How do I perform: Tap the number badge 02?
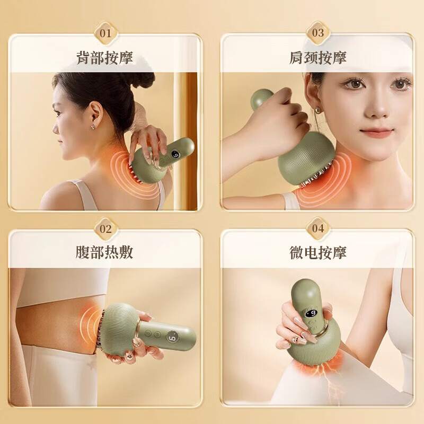coord(106,228)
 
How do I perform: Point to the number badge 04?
coord(318,228)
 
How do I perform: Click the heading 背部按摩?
coord(105,57)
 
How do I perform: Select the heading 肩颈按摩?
coord(317,57)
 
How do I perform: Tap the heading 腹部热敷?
coord(105,252)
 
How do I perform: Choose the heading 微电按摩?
coord(317,252)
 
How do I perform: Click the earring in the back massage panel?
coord(93,127)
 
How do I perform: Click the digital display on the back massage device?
coord(176,156)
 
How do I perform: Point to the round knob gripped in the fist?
coord(261,99)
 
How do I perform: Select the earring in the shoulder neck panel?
coord(318,111)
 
